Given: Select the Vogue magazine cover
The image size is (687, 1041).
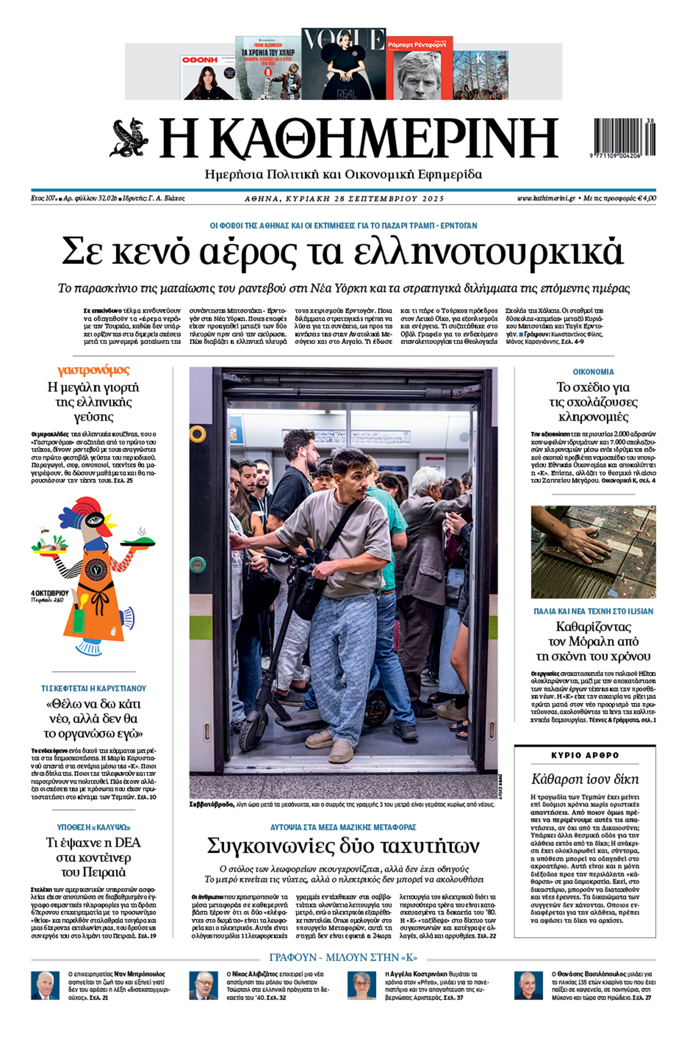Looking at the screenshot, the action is [343, 64].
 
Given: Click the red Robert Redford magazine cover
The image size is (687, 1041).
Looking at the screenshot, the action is [419, 68].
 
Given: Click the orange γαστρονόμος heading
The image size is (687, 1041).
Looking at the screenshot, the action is [93, 371].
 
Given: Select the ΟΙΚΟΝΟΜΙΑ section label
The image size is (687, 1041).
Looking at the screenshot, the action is [593, 372].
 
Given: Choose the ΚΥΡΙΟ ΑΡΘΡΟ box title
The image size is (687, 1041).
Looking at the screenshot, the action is [584, 755].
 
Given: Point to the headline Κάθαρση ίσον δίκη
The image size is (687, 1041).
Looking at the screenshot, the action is [584, 779].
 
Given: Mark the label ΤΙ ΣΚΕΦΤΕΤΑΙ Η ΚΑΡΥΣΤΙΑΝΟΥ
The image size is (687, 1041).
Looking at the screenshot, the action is [93, 688].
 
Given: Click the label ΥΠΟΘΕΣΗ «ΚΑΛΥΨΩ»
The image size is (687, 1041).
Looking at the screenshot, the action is [93, 827].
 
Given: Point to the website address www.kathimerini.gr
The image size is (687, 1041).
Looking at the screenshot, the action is [546, 199].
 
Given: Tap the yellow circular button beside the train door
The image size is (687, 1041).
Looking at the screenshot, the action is [198, 434].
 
